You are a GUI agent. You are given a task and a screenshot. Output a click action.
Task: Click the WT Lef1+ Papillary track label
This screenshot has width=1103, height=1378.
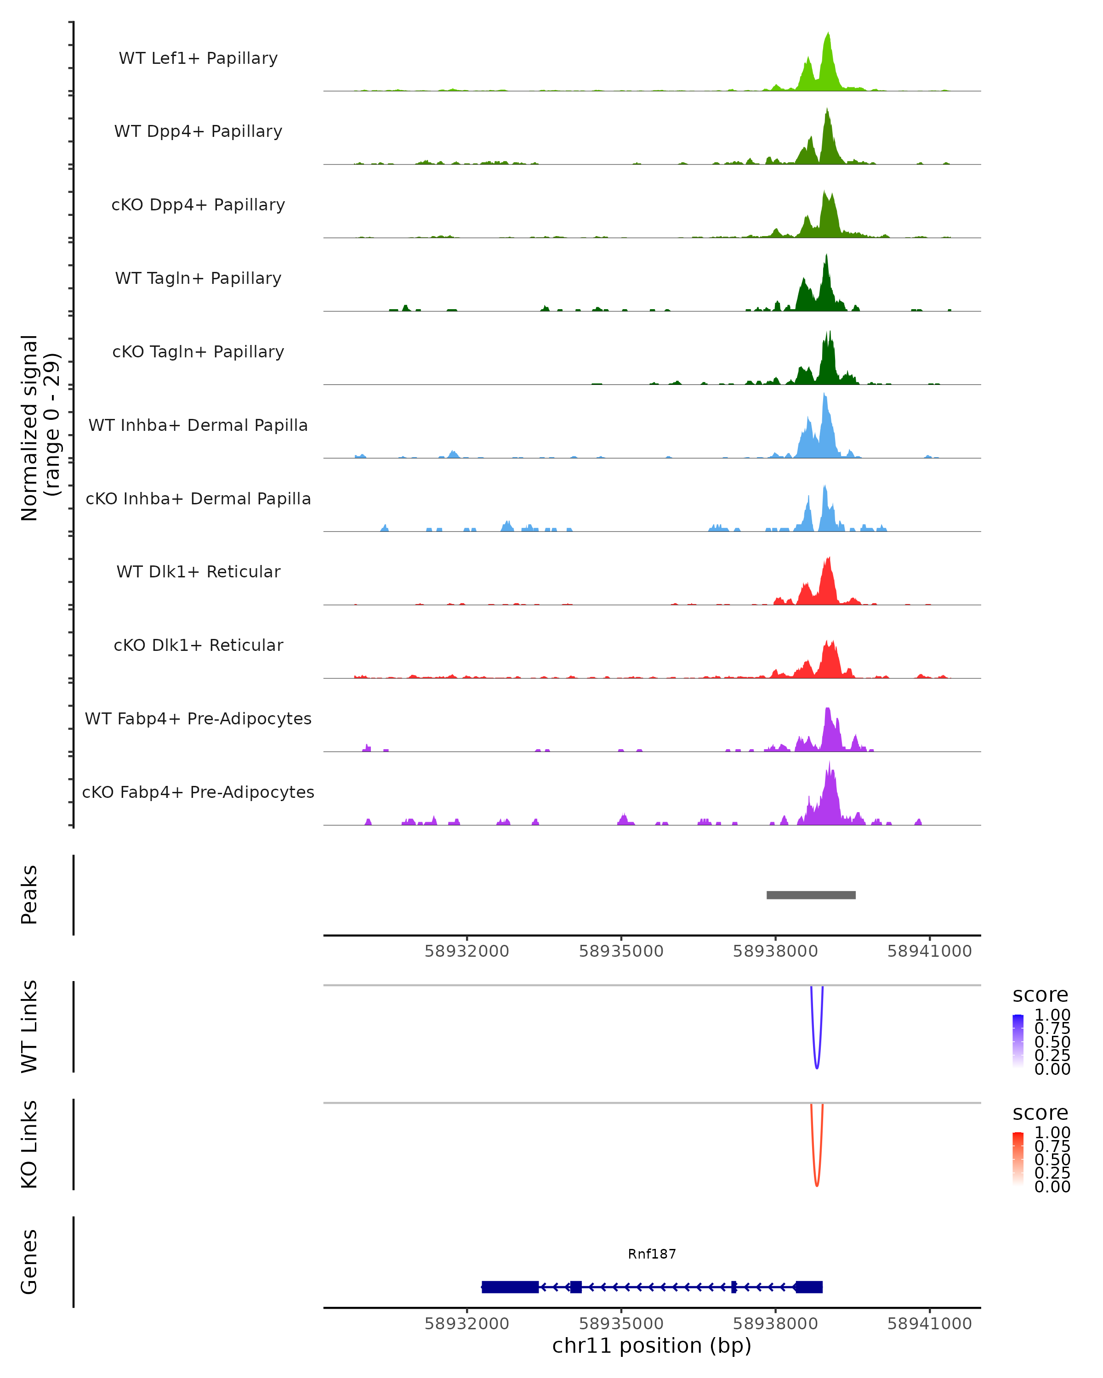point(198,58)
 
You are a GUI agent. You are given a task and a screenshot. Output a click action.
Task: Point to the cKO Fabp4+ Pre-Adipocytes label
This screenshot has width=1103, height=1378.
point(198,792)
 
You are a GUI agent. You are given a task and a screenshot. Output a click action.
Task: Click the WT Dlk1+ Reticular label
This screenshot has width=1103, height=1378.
point(198,571)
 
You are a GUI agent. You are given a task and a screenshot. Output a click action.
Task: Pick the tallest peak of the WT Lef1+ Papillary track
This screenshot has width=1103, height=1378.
point(828,33)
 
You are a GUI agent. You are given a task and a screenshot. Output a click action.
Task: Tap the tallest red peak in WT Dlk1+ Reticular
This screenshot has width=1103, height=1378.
point(829,559)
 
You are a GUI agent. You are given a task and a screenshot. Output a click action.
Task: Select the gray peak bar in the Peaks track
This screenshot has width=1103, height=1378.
point(811,895)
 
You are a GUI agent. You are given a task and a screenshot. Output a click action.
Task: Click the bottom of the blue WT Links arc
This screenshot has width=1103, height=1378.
point(817,1067)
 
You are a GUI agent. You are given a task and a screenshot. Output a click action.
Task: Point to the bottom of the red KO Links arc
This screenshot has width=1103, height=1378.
point(817,1186)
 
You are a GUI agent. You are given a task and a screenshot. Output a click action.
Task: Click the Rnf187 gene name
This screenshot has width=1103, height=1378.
point(652,1254)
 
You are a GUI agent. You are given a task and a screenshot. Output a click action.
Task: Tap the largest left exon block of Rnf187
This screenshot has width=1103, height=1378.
point(510,1287)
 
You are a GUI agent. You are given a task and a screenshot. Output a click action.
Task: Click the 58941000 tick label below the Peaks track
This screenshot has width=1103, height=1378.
point(929,951)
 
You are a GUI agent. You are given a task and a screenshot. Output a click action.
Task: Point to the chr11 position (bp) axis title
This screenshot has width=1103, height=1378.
point(652,1346)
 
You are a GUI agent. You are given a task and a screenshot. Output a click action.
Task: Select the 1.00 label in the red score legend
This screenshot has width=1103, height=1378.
point(1052,1133)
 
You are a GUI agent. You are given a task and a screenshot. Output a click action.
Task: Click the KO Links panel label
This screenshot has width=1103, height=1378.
point(29,1144)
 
